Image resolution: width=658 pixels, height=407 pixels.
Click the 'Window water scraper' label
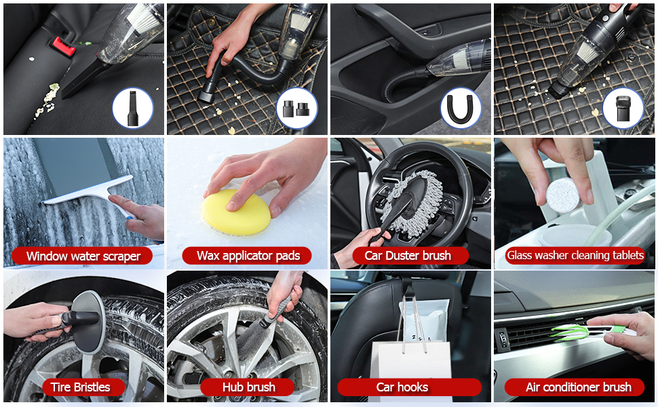point(82,256)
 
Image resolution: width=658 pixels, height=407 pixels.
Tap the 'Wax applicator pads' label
point(248,256)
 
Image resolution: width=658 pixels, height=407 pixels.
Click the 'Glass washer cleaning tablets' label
point(575,255)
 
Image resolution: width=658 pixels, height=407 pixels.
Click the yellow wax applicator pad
point(236,212)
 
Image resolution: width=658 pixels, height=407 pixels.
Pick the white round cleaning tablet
point(563,195)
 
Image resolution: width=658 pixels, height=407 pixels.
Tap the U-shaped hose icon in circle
point(461,108)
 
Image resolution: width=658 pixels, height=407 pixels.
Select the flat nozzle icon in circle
point(132,109)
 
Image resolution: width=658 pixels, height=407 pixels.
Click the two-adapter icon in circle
point(296,109)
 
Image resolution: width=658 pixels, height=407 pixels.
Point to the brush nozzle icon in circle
point(623,108)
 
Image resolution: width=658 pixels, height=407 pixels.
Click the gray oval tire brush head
point(88,322)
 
